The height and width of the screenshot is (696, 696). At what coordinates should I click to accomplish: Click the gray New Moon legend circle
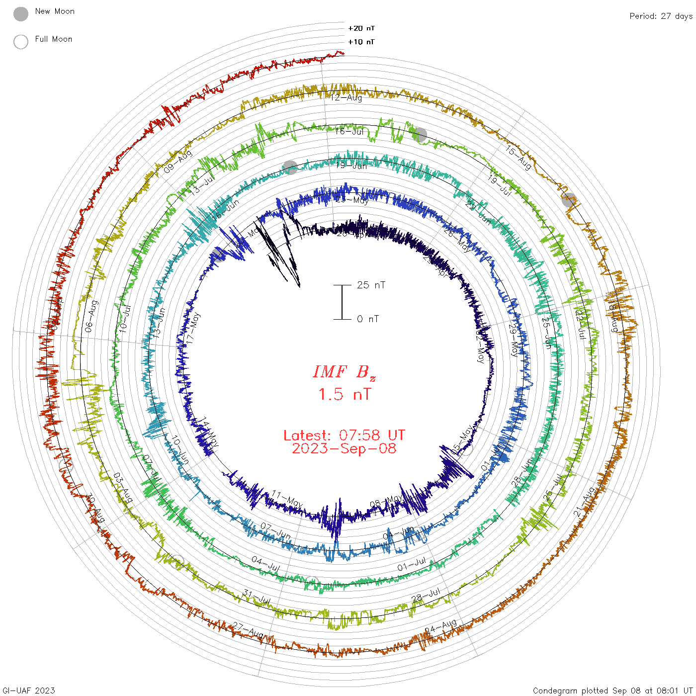pos(21,14)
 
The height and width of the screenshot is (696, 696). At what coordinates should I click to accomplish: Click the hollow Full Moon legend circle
pos(21,42)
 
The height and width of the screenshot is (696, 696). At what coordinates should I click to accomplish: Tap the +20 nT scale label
pos(361,28)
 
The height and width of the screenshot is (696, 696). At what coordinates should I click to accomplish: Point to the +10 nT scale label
pos(361,42)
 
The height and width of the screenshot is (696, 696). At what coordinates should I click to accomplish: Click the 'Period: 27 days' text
pos(661,16)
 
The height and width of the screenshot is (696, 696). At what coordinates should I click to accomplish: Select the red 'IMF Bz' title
pos(344,372)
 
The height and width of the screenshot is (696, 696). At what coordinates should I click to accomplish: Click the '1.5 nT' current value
pos(344,394)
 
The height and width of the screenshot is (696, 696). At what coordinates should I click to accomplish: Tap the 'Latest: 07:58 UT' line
pos(344,435)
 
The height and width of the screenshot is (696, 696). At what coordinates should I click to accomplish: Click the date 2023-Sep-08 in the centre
pos(344,448)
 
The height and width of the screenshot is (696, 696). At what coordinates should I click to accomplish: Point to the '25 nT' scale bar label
pos(371,285)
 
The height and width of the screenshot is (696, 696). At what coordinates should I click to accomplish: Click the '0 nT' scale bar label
pos(368,319)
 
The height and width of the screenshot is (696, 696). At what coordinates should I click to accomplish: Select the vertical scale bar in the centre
pos(342,302)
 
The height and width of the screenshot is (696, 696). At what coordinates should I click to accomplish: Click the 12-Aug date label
pos(347,97)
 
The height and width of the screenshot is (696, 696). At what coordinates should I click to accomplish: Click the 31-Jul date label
pos(257,597)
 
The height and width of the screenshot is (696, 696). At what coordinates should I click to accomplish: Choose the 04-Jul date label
pos(265,564)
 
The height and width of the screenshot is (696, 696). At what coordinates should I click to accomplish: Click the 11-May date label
pos(287,498)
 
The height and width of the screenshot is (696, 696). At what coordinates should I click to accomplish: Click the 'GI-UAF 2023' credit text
pos(29,690)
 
